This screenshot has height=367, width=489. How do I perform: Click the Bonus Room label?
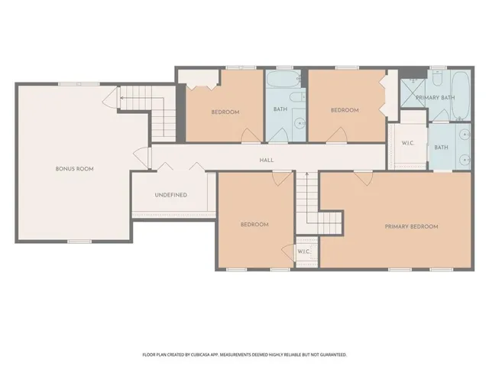click(x=75, y=169)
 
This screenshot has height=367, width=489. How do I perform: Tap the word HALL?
click(x=267, y=160)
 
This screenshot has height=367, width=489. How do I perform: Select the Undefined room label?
click(x=171, y=195)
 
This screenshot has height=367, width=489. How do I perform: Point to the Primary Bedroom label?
click(x=411, y=226)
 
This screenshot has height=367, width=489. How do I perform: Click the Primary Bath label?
click(x=436, y=98)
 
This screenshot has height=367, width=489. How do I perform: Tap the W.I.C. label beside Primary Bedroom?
click(x=303, y=252)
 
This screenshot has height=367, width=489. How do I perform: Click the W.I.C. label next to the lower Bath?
click(x=407, y=143)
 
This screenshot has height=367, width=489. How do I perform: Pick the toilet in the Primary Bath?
click(x=438, y=78)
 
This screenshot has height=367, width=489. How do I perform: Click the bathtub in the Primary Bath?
click(x=460, y=96)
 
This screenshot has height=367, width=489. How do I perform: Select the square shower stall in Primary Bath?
click(x=413, y=93)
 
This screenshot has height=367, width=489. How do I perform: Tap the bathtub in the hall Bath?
click(x=283, y=79)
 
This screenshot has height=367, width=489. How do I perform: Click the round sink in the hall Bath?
click(x=300, y=124)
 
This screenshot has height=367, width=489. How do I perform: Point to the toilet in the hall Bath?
click(x=297, y=97)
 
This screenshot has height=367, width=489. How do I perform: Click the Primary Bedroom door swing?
click(x=364, y=178)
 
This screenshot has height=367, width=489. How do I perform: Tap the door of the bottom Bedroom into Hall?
click(x=282, y=179)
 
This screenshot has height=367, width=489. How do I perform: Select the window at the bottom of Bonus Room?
click(x=79, y=242)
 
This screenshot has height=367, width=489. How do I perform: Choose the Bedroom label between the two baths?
click(x=345, y=110)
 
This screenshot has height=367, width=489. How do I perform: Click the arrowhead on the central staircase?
click(x=307, y=174)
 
